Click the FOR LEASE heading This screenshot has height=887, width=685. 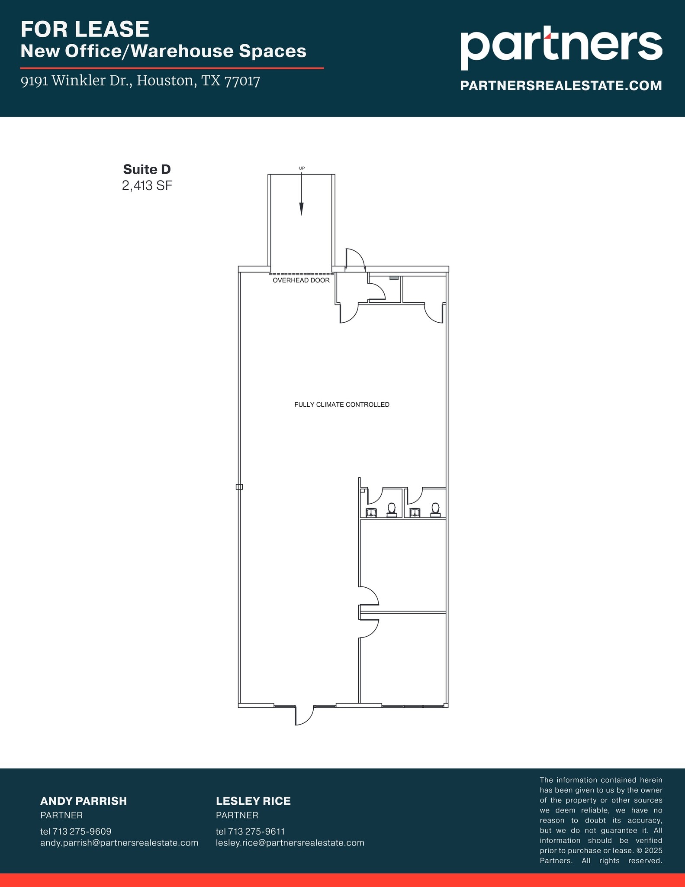pyautogui.click(x=85, y=29)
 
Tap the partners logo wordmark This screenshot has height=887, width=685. pyautogui.click(x=561, y=47)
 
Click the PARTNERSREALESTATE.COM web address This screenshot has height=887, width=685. pyautogui.click(x=561, y=85)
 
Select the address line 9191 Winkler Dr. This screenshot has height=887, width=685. pyautogui.click(x=140, y=81)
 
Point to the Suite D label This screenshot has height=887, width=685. pyautogui.click(x=147, y=169)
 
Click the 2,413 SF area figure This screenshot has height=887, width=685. pyautogui.click(x=147, y=186)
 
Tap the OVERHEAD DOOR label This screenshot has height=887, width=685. pyautogui.click(x=301, y=280)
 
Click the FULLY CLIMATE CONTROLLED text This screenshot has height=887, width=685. pyautogui.click(x=342, y=405)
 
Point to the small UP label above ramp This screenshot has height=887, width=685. pyautogui.click(x=302, y=168)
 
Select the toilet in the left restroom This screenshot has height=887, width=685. pyautogui.click(x=392, y=510)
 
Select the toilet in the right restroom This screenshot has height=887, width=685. pyautogui.click(x=435, y=510)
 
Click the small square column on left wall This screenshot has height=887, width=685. pyautogui.click(x=239, y=487)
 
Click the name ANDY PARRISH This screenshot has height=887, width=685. pyautogui.click(x=84, y=801)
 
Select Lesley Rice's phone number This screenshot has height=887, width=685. pyautogui.click(x=250, y=832)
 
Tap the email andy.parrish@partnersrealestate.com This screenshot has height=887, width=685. pyautogui.click(x=119, y=843)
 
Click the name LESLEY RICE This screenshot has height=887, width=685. pyautogui.click(x=253, y=801)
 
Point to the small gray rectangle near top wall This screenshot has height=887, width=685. pyautogui.click(x=394, y=278)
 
